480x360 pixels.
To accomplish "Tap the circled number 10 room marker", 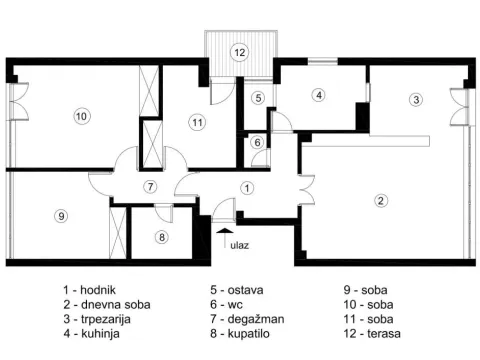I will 81,117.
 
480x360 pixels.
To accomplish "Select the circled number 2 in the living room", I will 381,200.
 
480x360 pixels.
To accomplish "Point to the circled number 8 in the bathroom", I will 162,237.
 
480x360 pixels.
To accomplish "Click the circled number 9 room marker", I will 62,216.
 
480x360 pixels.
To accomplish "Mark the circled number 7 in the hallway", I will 149,187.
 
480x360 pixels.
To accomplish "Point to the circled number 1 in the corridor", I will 247,187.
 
